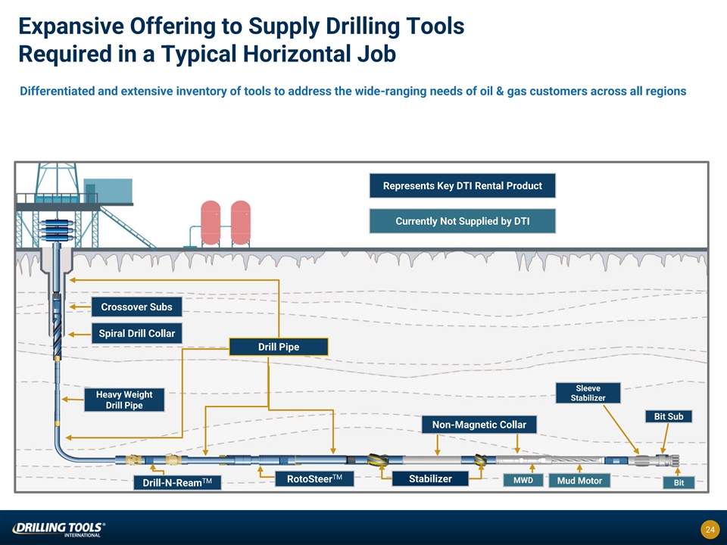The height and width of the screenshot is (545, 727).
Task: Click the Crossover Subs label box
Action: pos(136,307)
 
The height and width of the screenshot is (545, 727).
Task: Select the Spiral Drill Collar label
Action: pos(137,333)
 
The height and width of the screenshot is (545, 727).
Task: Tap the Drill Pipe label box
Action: pos(279,347)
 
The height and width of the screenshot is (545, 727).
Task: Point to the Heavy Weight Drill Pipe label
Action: pos(123,400)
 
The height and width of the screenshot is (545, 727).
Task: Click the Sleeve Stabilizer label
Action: pos(588,393)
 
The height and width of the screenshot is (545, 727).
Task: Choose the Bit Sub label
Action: pos(668,416)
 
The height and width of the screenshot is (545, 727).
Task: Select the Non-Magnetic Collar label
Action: pos(479,425)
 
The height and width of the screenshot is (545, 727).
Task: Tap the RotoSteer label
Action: pos(310,478)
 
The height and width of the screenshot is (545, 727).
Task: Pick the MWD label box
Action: pos(523,480)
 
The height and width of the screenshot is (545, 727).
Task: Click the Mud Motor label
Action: pos(579,481)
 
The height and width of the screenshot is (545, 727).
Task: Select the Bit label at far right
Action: pos(678,483)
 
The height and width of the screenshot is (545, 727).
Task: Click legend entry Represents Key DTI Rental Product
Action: pos(462,185)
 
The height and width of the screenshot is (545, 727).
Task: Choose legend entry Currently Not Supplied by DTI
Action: pos(462,221)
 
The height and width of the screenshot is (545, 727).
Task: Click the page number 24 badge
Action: pos(710,529)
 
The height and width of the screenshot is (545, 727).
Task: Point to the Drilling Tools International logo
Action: pos(58,528)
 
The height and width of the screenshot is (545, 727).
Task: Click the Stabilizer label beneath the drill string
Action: pos(430,478)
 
